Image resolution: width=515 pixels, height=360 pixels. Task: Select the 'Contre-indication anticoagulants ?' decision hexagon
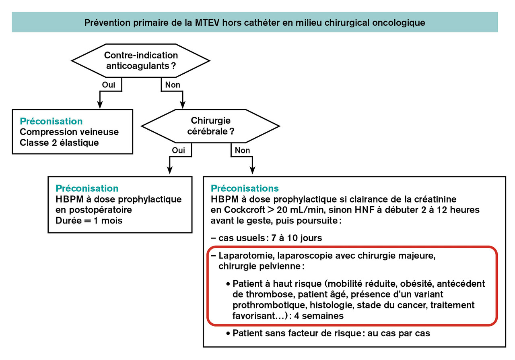coord(140,60)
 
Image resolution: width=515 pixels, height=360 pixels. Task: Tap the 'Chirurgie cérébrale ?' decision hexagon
coord(210,126)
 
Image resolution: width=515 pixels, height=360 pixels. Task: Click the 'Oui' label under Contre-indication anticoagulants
coord(109,85)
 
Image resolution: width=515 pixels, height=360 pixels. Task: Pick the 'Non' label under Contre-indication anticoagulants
coord(173,85)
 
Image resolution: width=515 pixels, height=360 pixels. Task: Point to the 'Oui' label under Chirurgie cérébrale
coord(178,150)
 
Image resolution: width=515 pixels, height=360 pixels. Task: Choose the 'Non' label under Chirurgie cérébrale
coord(242,150)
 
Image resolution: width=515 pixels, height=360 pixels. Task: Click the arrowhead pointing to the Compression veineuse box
coord(100,105)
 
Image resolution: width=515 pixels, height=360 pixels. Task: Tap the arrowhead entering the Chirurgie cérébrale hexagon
coord(183,105)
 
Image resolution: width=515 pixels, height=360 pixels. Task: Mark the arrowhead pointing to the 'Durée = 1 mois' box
coord(170,170)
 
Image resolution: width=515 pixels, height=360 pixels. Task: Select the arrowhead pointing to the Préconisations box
coord(252,170)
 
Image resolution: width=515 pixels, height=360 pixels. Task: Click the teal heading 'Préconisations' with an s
coord(245,188)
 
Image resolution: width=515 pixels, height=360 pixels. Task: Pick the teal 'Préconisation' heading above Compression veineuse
coord(51,121)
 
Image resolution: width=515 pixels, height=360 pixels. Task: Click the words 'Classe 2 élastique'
coord(59,143)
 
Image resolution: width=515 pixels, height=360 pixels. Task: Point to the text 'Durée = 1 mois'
coord(89,221)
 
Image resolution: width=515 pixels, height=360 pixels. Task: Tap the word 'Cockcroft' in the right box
coord(244,210)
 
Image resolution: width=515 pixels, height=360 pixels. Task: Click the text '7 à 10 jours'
coord(297,238)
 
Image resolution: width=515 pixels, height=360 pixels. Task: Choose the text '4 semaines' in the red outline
coord(319,316)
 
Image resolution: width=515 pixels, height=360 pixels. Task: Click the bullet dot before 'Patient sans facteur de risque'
coord(228,333)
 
